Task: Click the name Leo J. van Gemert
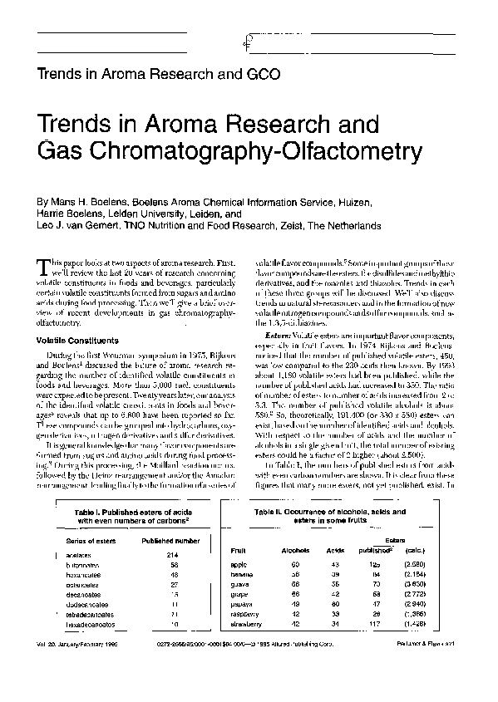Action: tap(78, 225)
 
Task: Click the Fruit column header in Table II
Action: tap(238, 551)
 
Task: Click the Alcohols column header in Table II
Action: tap(296, 551)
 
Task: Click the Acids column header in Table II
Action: tap(335, 551)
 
